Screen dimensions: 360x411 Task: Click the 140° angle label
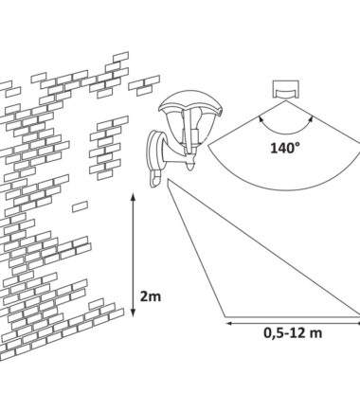coord(285,148)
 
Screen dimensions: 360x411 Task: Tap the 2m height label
coord(151,296)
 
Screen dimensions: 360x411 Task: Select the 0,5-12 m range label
coord(293,333)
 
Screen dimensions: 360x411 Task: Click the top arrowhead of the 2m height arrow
coord(133,197)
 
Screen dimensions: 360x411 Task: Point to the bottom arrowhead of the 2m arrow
coord(133,313)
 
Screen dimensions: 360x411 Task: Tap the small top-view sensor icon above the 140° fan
coord(286,89)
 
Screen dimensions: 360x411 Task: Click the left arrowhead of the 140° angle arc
coord(261,119)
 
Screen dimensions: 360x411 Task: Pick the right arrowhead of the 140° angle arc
coord(311,119)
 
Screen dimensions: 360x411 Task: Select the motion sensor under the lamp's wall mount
coord(155,179)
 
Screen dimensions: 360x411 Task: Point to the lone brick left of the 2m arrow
coord(80,206)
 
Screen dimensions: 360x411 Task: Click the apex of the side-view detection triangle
coord(169,179)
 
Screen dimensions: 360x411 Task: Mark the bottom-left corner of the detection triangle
coord(225,316)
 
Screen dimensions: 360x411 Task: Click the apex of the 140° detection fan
coord(286,101)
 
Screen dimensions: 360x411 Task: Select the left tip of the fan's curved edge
coord(208,145)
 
